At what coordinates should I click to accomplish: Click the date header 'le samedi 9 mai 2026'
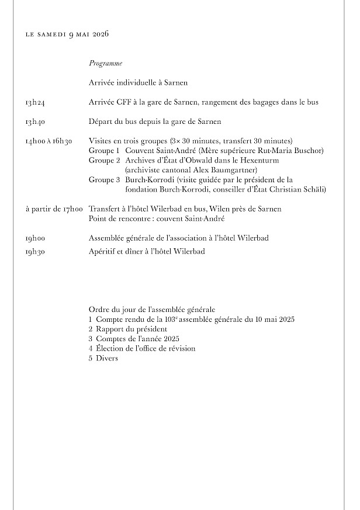coord(67,34)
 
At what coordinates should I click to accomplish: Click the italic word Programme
coord(105,63)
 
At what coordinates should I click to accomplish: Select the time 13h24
coord(35,103)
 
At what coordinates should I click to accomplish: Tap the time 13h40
coord(35,122)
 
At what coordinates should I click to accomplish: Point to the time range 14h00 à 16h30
coord(49,141)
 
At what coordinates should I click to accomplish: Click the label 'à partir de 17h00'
coord(54,209)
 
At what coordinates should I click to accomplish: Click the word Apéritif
coord(103,252)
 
